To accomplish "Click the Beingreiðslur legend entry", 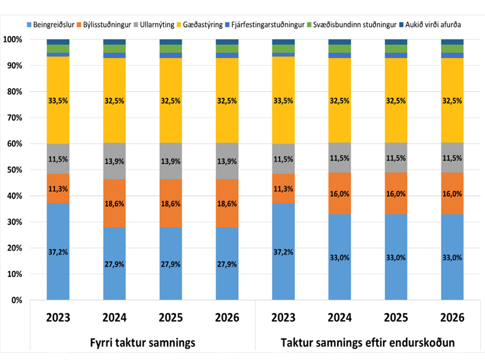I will [53, 24].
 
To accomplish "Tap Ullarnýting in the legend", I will [156, 24].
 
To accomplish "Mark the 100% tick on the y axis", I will [12, 40].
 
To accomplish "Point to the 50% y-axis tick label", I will [14, 170].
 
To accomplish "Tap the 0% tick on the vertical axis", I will [16, 300].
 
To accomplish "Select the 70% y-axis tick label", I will [14, 118].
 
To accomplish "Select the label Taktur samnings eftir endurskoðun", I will [368, 342].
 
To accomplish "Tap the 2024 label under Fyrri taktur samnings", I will [114, 318].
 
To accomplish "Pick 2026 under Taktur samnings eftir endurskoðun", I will [453, 318].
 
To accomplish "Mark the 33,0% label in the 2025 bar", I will [396, 257].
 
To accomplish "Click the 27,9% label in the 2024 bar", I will [114, 264].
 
